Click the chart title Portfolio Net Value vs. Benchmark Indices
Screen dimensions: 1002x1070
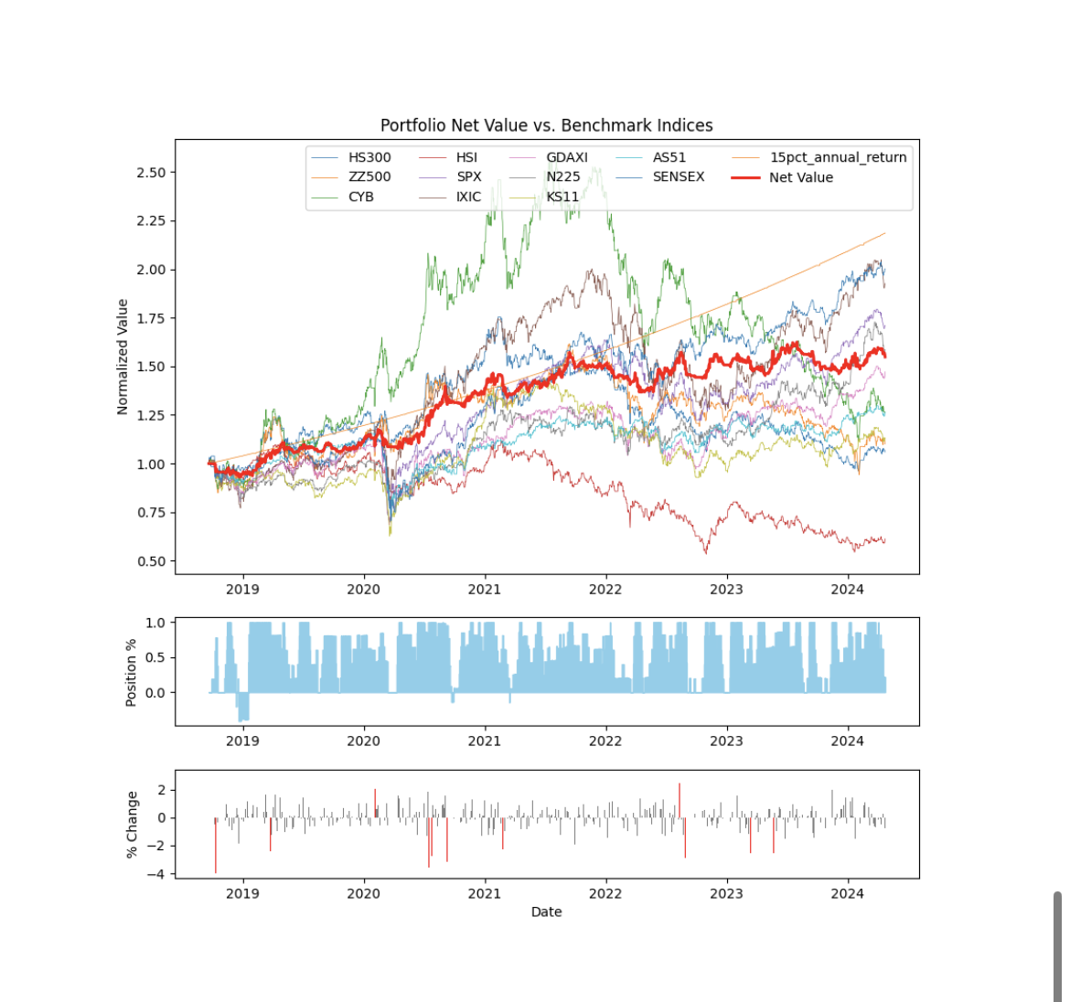[x=546, y=125]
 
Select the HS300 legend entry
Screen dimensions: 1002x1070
[x=369, y=157]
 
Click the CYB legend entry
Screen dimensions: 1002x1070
[x=360, y=197]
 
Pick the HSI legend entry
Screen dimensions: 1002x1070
[x=466, y=157]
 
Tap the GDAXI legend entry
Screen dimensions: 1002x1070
[x=566, y=157]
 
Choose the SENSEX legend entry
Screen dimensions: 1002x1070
[x=678, y=176]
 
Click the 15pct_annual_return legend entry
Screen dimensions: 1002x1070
[x=838, y=157]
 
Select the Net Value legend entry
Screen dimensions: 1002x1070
[x=800, y=177]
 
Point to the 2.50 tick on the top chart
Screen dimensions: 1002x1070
[x=151, y=173]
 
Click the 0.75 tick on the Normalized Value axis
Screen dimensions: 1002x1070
[x=151, y=513]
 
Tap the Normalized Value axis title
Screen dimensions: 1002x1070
[x=123, y=357]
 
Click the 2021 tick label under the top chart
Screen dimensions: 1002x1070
[x=485, y=590]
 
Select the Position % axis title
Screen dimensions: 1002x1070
[x=131, y=672]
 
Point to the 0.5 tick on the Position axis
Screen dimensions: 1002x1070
[x=155, y=657]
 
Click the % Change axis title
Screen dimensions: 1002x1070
[x=132, y=824]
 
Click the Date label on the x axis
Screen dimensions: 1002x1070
[x=546, y=911]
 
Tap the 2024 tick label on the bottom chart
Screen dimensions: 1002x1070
[x=847, y=893]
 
